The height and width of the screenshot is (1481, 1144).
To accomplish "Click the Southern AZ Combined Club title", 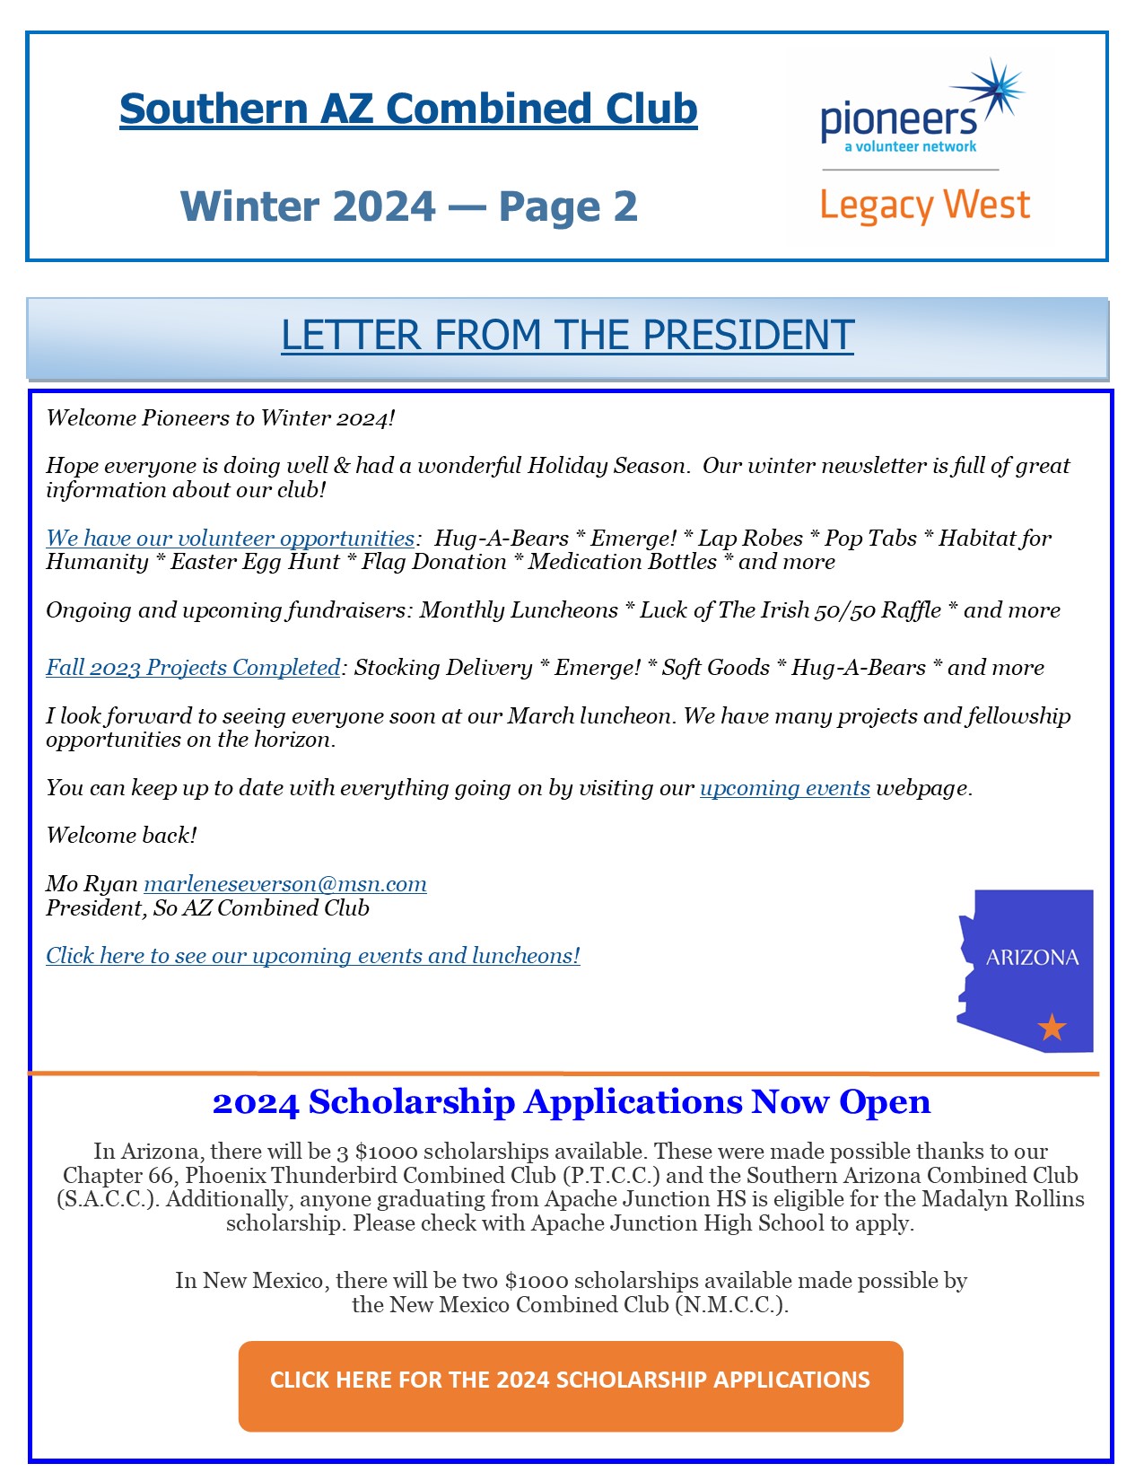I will coord(408,110).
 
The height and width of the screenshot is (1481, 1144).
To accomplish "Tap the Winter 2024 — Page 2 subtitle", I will coord(408,206).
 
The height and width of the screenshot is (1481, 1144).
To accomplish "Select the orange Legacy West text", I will coord(924,206).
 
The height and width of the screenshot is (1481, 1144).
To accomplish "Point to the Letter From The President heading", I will coord(567,336).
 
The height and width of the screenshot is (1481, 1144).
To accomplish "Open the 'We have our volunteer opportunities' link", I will coord(230,539).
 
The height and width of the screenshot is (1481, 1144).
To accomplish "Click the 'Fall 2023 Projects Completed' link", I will coord(193,668).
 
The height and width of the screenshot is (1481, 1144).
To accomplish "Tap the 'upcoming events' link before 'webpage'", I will coord(784,788).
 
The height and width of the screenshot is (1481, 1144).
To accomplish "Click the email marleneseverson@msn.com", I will coord(285,884).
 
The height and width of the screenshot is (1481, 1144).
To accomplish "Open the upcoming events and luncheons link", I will coord(313,956).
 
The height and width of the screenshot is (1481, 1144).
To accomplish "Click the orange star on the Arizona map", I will coord(1052,1027).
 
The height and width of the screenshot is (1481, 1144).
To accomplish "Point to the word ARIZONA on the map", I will coord(1032,958).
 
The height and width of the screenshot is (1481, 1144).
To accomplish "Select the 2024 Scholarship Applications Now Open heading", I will coord(572,1102).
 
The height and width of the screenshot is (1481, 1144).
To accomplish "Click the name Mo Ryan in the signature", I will coord(92,884).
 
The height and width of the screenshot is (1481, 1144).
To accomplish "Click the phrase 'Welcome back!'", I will coord(121,836).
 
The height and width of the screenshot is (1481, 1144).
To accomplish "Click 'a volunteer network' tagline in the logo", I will coord(910,146).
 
